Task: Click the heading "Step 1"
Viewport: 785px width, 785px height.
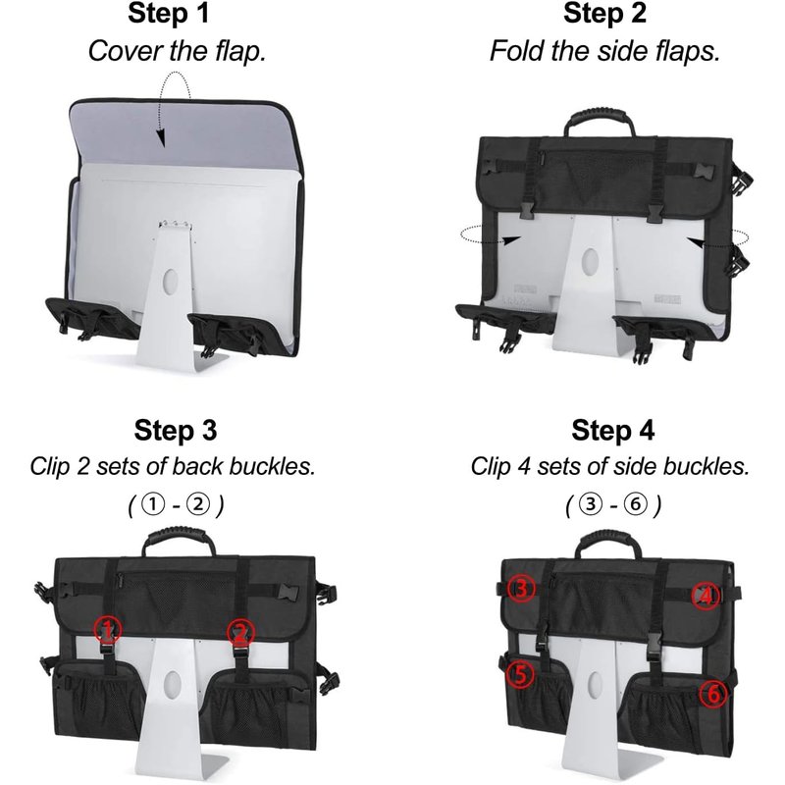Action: [168, 14]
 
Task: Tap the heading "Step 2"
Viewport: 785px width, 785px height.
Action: [604, 14]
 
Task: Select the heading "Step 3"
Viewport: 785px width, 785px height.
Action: [176, 431]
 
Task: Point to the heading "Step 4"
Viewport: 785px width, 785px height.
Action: [612, 431]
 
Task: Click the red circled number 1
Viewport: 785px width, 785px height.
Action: [108, 629]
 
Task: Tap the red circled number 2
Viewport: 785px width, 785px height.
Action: [240, 632]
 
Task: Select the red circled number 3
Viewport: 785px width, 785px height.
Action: [522, 589]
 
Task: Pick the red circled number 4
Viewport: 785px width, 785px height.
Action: [706, 597]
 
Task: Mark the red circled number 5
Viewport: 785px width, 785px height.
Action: [521, 675]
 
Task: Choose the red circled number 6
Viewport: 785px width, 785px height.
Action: [714, 694]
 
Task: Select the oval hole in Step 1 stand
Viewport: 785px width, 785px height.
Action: [171, 282]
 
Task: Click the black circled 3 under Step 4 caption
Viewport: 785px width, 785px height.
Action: [591, 503]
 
